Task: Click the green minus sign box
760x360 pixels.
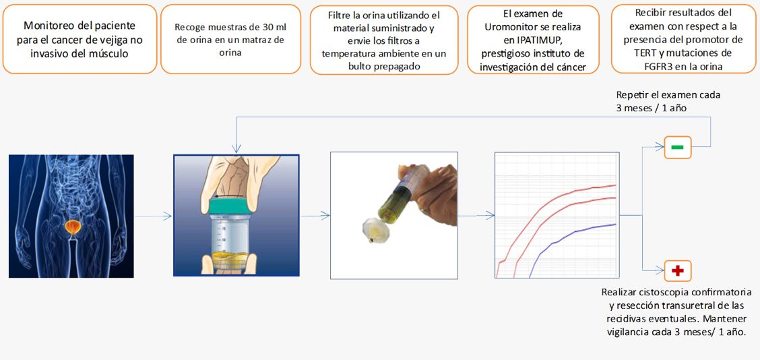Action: [x=678, y=147]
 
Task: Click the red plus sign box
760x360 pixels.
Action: [x=678, y=271]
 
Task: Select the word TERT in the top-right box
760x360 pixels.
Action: [x=633, y=53]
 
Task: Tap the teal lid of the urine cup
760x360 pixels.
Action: [x=230, y=205]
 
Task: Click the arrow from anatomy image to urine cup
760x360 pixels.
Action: [x=153, y=216]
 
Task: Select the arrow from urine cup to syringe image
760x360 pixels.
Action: [x=315, y=216]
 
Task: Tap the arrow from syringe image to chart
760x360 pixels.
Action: [x=476, y=216]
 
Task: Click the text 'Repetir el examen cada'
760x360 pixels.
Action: [x=668, y=95]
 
